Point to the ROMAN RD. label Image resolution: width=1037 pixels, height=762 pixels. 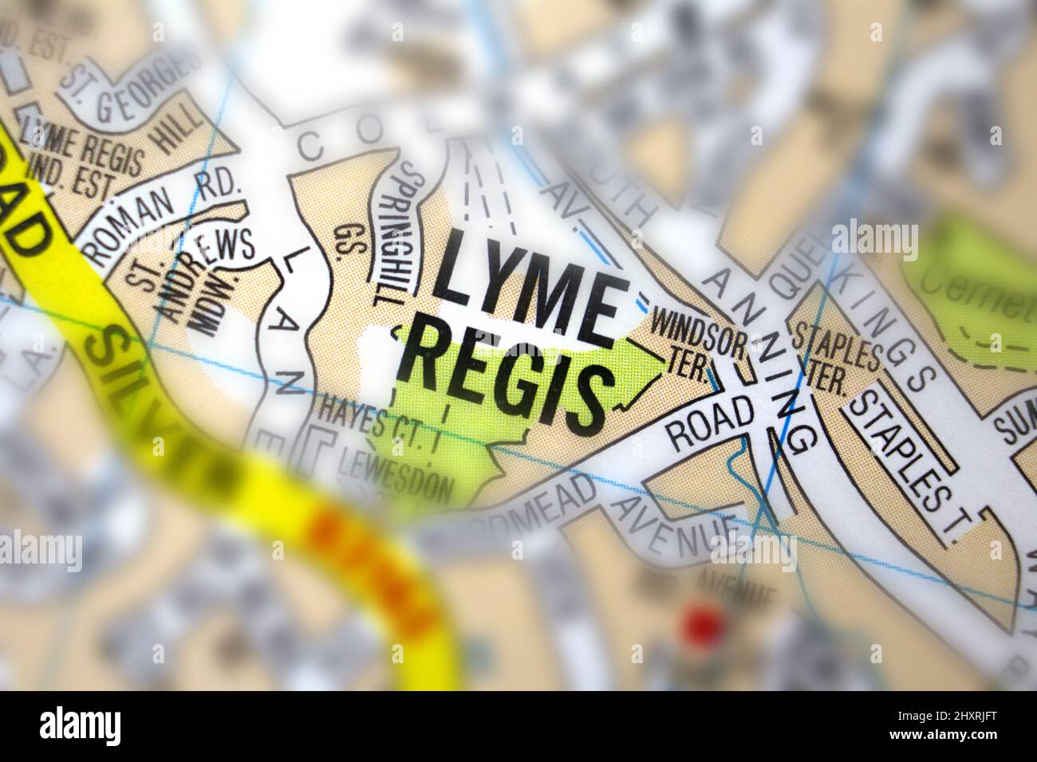(160, 215)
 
